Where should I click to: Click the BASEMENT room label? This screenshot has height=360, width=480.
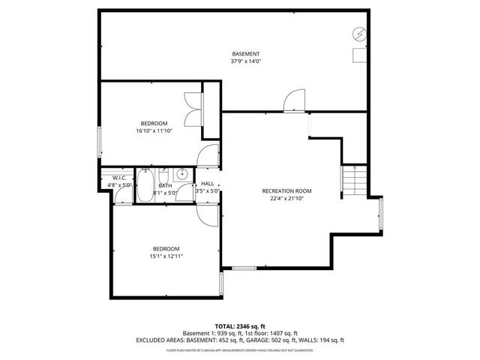click(x=245, y=54)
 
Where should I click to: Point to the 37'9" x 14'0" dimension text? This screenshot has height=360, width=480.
click(x=245, y=61)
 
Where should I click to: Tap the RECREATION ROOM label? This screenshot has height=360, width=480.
click(x=286, y=191)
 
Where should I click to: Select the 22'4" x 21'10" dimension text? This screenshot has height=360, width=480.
click(x=286, y=199)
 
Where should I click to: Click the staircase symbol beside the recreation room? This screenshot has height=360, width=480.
click(x=354, y=180)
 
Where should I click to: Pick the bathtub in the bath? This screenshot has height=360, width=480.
click(x=145, y=186)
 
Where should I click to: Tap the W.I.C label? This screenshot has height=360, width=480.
click(x=119, y=178)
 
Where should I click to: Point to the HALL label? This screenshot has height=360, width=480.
click(x=207, y=184)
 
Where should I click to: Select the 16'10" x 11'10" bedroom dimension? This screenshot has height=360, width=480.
click(x=154, y=130)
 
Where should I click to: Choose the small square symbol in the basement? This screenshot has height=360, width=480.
click(x=359, y=54)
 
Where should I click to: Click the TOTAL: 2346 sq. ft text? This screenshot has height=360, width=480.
click(x=239, y=325)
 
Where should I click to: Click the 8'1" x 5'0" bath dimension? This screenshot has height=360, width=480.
click(x=165, y=192)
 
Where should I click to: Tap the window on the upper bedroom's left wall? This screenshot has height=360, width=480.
click(x=100, y=142)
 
